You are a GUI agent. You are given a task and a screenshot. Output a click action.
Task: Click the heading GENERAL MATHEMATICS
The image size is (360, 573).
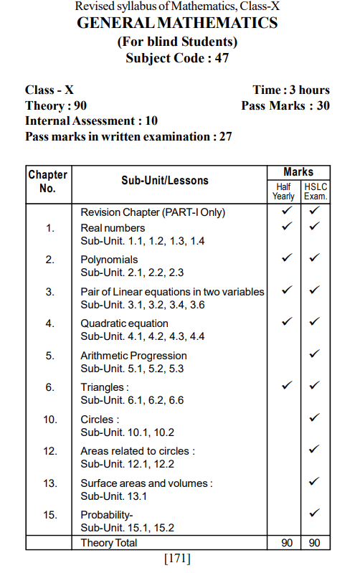pos(177,24)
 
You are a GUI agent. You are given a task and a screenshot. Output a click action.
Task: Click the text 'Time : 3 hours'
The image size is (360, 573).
pos(291,90)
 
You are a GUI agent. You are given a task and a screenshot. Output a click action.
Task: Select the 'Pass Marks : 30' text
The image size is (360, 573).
pos(285,105)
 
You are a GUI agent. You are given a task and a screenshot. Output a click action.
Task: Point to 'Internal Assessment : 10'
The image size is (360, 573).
pos(91,120)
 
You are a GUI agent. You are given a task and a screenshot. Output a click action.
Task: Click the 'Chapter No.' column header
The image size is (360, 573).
pos(47,181)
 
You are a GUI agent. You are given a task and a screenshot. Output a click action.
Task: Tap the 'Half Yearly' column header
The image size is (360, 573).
pos(283,191)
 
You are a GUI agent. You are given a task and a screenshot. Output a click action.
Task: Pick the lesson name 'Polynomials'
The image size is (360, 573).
pos(109,260)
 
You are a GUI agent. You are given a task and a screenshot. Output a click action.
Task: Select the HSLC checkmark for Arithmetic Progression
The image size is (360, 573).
pos(314,355)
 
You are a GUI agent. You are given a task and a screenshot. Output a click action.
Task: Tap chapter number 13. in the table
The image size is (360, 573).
pos(49,483)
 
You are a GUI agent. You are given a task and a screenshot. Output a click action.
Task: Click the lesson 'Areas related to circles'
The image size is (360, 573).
pos(137,451)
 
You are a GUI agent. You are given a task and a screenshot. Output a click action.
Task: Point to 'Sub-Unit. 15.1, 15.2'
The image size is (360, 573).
pos(128,528)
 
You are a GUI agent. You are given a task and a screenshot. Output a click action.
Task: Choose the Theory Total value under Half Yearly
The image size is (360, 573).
pos(286,543)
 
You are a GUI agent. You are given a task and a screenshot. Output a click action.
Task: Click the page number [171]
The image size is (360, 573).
pos(177,559)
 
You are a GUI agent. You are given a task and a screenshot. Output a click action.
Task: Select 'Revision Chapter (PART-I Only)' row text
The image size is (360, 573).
pos(153,212)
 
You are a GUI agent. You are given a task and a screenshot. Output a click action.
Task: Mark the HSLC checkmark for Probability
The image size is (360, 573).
pos(314,514)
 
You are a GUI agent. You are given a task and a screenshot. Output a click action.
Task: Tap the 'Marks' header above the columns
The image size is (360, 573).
pos(298,171)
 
